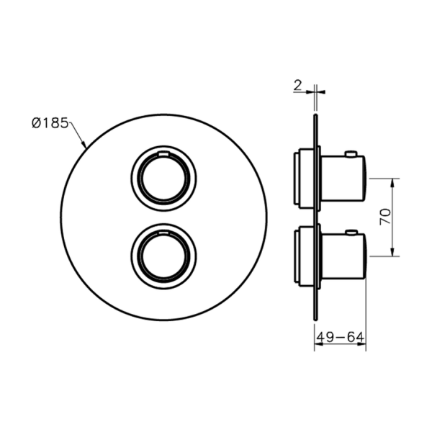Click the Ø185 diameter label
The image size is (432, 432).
pyautogui.click(x=50, y=123)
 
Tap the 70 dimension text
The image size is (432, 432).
pyautogui.click(x=385, y=217)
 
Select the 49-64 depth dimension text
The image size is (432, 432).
pyautogui.click(x=341, y=337)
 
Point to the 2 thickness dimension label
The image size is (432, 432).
pyautogui.click(x=298, y=86)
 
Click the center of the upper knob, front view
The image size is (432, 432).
pyautogui.click(x=163, y=179)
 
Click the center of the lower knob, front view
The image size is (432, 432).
pyautogui.click(x=163, y=256)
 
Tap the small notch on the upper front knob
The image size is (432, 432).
pyautogui.click(x=163, y=154)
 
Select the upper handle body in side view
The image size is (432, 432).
pyautogui.click(x=343, y=179)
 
